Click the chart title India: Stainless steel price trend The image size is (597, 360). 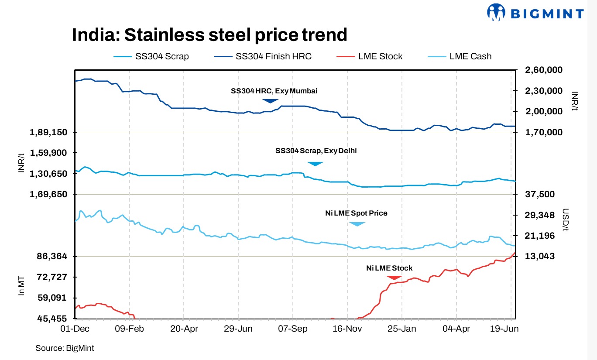click(209, 35)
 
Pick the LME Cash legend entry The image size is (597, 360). click(470, 56)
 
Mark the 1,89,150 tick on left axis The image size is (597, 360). click(49, 132)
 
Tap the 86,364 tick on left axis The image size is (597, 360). click(52, 256)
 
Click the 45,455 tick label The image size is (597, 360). click(52, 319)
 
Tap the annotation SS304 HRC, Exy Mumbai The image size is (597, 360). click(274, 91)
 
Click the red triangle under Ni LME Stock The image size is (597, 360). click(394, 278)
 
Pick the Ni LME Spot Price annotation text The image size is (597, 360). click(356, 213)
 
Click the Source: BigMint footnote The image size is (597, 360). click(65, 348)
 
